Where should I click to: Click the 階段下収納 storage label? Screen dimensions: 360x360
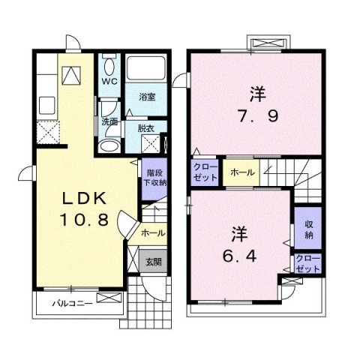point(156,177)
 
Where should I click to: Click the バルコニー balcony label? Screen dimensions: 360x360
point(72,304)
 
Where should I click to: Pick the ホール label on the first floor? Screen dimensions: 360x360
point(153,232)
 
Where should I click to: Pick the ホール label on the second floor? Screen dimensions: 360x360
point(241,173)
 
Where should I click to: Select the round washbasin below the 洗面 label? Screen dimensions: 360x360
point(110,144)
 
